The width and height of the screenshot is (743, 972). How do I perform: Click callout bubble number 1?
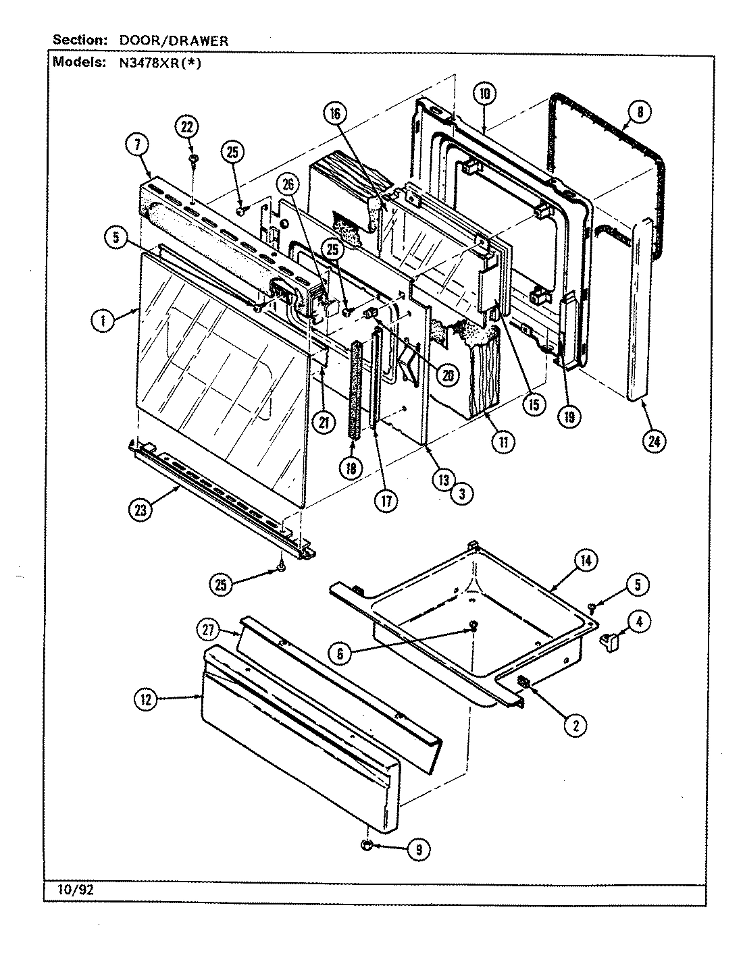tap(102, 322)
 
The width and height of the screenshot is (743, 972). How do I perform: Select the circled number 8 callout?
tap(639, 112)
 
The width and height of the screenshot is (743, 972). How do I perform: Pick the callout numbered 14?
tap(586, 559)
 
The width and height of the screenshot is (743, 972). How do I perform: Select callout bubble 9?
tap(418, 850)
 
